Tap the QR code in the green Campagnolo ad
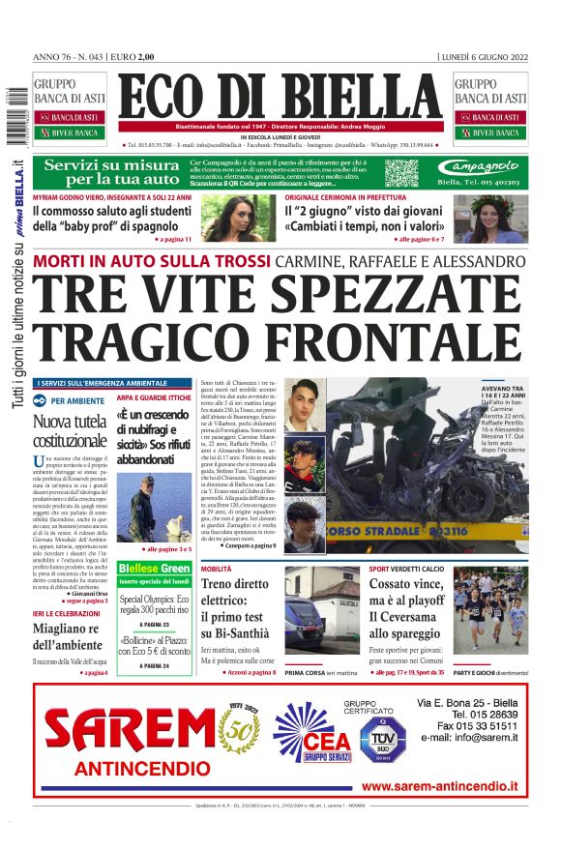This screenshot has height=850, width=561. [401, 173]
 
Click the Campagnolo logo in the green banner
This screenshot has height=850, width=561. [484, 166]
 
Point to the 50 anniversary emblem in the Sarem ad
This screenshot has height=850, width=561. [243, 726]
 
